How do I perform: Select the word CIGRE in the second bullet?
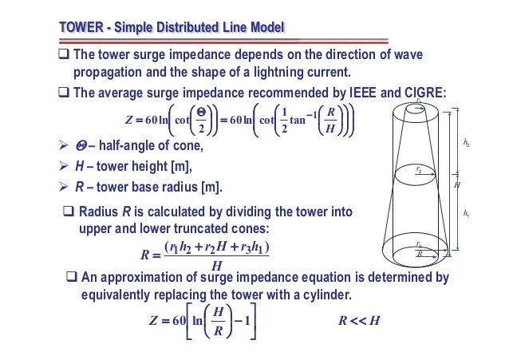pyautogui.click(x=421, y=92)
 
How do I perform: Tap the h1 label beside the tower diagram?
pyautogui.click(x=466, y=213)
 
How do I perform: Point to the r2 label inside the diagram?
pyautogui.click(x=419, y=169)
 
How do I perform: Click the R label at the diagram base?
pyautogui.click(x=420, y=253)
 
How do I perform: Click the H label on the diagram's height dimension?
pyautogui.click(x=457, y=184)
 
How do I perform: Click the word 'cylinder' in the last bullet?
pyautogui.click(x=320, y=297)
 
